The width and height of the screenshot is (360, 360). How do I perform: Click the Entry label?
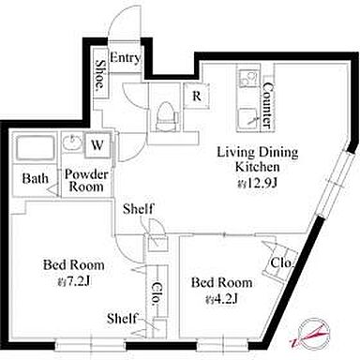tap(125, 58)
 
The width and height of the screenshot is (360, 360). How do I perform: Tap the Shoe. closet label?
tap(100, 74)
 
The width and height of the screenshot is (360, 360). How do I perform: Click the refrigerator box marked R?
tap(196, 96)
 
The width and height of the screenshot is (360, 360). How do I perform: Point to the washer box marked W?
tap(97, 145)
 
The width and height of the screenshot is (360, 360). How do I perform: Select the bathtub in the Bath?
tap(35, 148)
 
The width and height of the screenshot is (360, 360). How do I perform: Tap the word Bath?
tap(36, 178)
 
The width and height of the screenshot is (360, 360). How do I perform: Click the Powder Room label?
tap(86, 180)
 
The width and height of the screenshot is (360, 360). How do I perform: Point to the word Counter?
tap(267, 105)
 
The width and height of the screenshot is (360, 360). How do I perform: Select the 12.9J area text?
tap(257, 183)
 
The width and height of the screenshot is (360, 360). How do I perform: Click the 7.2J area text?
tap(74, 282)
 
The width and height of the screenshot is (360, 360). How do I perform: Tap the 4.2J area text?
tap(222, 299)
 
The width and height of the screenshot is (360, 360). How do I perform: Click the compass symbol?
tap(312, 333)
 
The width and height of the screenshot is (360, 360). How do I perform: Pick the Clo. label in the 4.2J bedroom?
tap(282, 263)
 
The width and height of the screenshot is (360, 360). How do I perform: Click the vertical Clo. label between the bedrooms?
tap(157, 293)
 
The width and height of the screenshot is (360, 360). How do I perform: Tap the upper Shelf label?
tap(139, 209)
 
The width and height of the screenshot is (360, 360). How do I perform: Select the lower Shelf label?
tap(122, 319)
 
